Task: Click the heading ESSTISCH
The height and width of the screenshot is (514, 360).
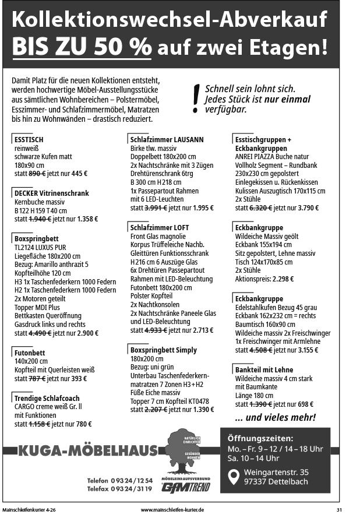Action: pyautogui.click(x=29, y=140)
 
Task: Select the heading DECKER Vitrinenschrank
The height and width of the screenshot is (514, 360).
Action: pyautogui.click(x=51, y=193)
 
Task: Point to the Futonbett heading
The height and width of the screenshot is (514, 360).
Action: pyautogui.click(x=30, y=353)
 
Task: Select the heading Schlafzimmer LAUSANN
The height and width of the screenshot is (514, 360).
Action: pyautogui.click(x=167, y=140)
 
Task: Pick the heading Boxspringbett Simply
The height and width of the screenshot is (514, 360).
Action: pyautogui.click(x=164, y=350)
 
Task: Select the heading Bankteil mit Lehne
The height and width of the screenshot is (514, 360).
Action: pyautogui.click(x=264, y=370)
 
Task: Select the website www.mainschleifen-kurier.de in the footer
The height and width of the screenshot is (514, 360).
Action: pyautogui.click(x=172, y=509)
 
